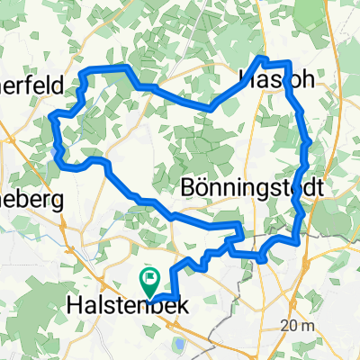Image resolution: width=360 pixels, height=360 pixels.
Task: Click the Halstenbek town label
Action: [127, 306]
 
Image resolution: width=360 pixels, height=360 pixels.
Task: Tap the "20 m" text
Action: [298, 324]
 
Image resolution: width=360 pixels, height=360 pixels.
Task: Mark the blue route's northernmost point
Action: [263, 58]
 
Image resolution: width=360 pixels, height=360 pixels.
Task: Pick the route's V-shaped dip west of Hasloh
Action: [210, 107]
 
